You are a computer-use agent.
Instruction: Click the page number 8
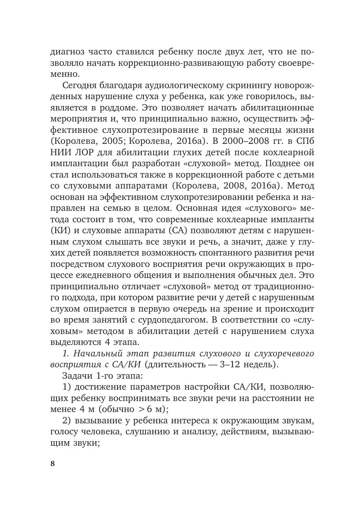click(x=52, y=464)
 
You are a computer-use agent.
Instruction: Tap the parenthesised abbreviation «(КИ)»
click(x=61, y=230)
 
